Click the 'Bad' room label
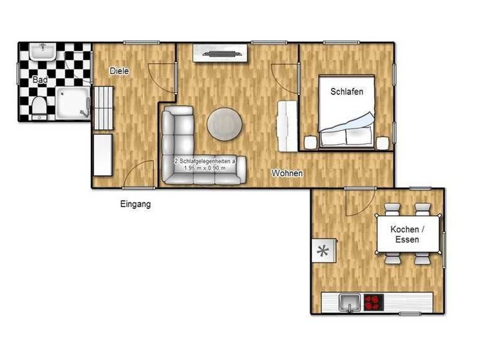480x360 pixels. pos(40,80)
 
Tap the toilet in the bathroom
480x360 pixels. pos(39,108)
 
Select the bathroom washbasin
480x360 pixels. pos(43,51)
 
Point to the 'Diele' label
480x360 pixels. pos(119,71)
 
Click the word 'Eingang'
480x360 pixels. pos(135,204)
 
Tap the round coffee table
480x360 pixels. pos(225,124)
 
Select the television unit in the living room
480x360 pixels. pos(220,53)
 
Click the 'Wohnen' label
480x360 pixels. pos(287,173)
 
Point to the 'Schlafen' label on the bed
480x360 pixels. pos(347,91)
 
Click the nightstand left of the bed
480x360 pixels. pos(310,142)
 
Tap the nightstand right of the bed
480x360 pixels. pos(382,143)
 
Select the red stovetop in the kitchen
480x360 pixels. pos(374,302)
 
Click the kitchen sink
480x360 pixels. pos(350,302)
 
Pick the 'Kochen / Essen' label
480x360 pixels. pos(407,234)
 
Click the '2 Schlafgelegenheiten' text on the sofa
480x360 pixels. pos(205,161)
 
